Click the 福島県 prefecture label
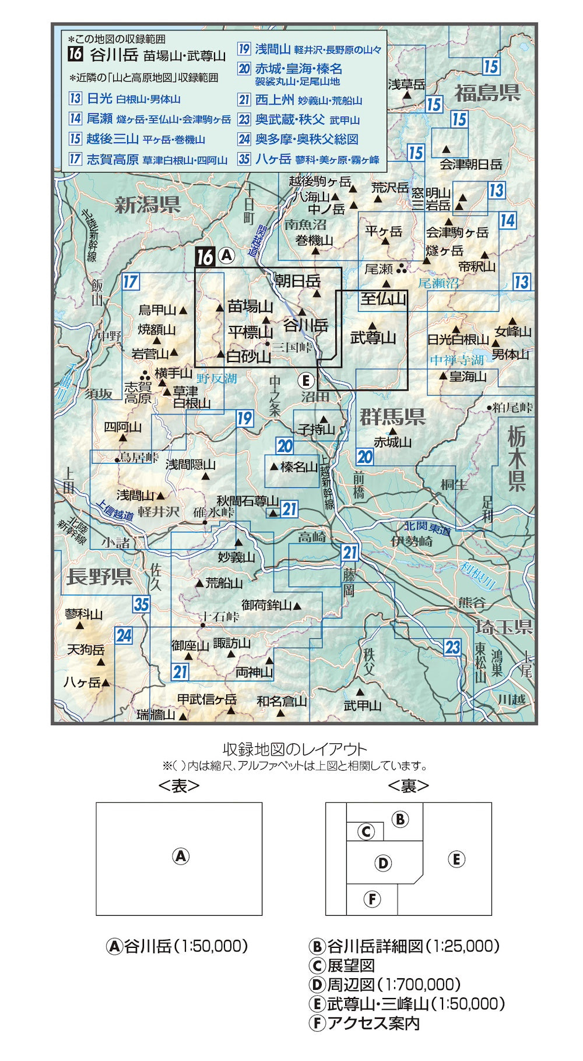click(x=487, y=93)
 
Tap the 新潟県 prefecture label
click(x=147, y=205)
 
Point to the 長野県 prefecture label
click(x=99, y=577)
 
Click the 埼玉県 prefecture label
click(x=504, y=627)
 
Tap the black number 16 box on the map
click(x=205, y=257)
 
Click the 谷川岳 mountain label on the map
click(x=305, y=325)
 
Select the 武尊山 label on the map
click(x=373, y=338)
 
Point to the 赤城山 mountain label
click(x=392, y=442)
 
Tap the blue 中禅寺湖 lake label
click(x=456, y=360)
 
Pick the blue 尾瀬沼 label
click(x=438, y=283)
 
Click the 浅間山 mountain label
click(x=135, y=496)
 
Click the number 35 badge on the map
click(x=142, y=605)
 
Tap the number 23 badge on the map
click(x=452, y=647)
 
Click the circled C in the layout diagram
click(x=366, y=831)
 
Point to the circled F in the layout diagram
click(x=372, y=899)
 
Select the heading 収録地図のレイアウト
click(x=295, y=749)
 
